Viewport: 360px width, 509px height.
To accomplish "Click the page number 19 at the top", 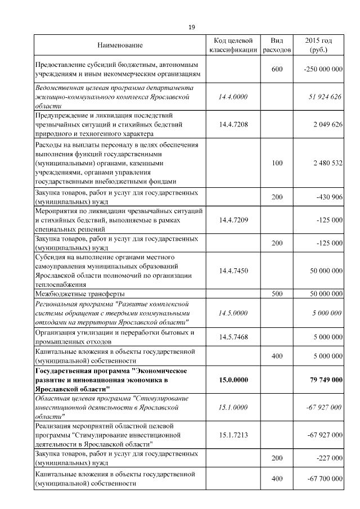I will pyautogui.click(x=191, y=27).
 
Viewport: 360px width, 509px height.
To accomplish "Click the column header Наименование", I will pyautogui.click(x=120, y=45).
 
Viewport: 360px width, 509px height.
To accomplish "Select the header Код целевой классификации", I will pyautogui.click(x=233, y=45).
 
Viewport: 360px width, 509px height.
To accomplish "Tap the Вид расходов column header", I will pyautogui.click(x=277, y=45).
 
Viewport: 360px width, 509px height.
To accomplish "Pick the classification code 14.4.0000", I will pyautogui.click(x=233, y=97).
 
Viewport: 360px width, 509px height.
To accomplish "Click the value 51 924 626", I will pyautogui.click(x=325, y=97).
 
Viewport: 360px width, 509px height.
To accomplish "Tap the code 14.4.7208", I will pyautogui.click(x=233, y=124).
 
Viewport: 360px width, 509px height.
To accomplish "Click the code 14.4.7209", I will pyautogui.click(x=233, y=220).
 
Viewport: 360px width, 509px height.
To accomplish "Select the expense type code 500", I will pyautogui.click(x=277, y=294).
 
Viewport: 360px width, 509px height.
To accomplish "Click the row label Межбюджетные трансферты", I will pyautogui.click(x=80, y=294).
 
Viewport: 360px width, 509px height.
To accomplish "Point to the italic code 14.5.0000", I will pyautogui.click(x=233, y=313).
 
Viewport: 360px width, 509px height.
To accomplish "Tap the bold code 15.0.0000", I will pyautogui.click(x=233, y=380).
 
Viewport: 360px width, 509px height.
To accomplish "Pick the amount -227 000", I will pyautogui.click(x=329, y=458).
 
